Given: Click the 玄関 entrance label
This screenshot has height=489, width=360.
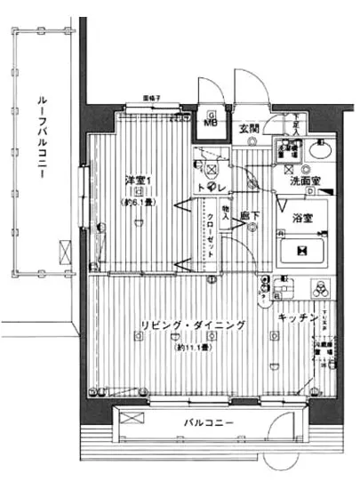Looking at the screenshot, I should tap(250, 130).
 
